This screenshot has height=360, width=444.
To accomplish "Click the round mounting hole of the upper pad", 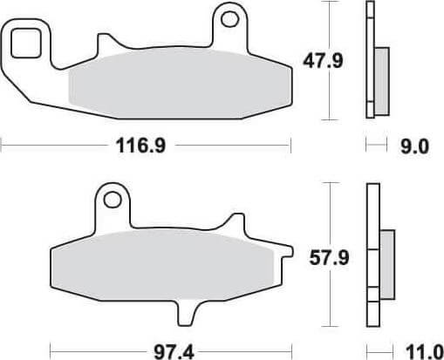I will (229, 17).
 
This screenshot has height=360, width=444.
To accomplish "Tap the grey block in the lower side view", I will (386, 261).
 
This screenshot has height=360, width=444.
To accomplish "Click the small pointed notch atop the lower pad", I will (230, 220).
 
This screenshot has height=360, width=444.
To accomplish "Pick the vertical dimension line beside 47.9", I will (329, 61).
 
